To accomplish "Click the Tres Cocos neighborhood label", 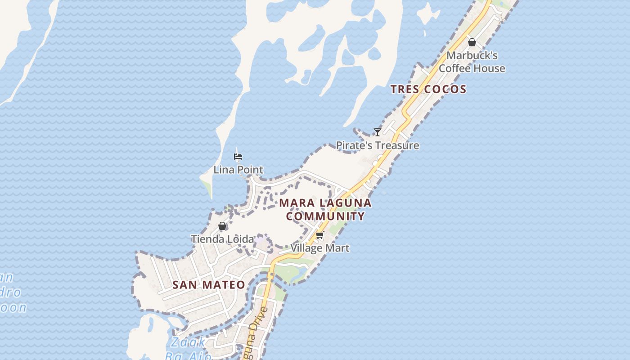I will coord(428,89).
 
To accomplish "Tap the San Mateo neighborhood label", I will coord(209,285).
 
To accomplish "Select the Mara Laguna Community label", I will coord(325,209).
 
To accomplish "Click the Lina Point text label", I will coord(238,170).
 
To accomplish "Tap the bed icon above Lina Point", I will coord(238,157).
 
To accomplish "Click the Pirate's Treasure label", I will coord(378,145).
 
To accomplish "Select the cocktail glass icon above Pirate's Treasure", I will coord(378,132).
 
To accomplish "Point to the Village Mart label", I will coord(320,248).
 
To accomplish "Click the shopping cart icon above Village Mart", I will coord(320,235).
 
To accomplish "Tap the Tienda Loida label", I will coord(222,239).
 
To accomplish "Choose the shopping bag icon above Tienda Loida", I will coord(222,226).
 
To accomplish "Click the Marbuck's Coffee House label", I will coord(472,62).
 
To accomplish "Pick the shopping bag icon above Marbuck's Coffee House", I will coord(472,43).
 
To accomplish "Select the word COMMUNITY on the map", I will coord(325,216).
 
